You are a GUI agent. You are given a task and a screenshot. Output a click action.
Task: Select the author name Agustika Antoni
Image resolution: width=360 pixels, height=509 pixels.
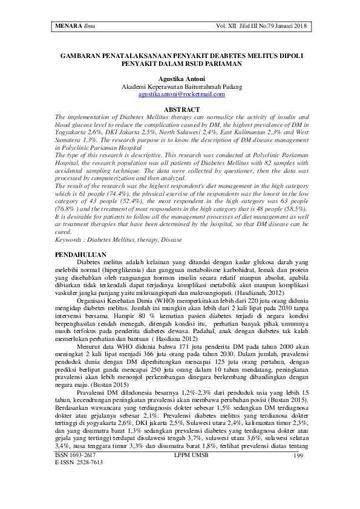pyautogui.click(x=182, y=78)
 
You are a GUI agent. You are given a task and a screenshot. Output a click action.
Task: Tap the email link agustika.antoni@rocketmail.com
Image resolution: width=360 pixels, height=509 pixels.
pyautogui.click(x=182, y=94)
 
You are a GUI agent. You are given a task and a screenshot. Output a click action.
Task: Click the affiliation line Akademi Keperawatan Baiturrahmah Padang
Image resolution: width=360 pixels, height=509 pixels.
pyautogui.click(x=182, y=86)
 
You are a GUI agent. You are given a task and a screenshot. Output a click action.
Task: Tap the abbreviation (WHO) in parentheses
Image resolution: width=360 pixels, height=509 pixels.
pyautogui.click(x=159, y=299)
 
